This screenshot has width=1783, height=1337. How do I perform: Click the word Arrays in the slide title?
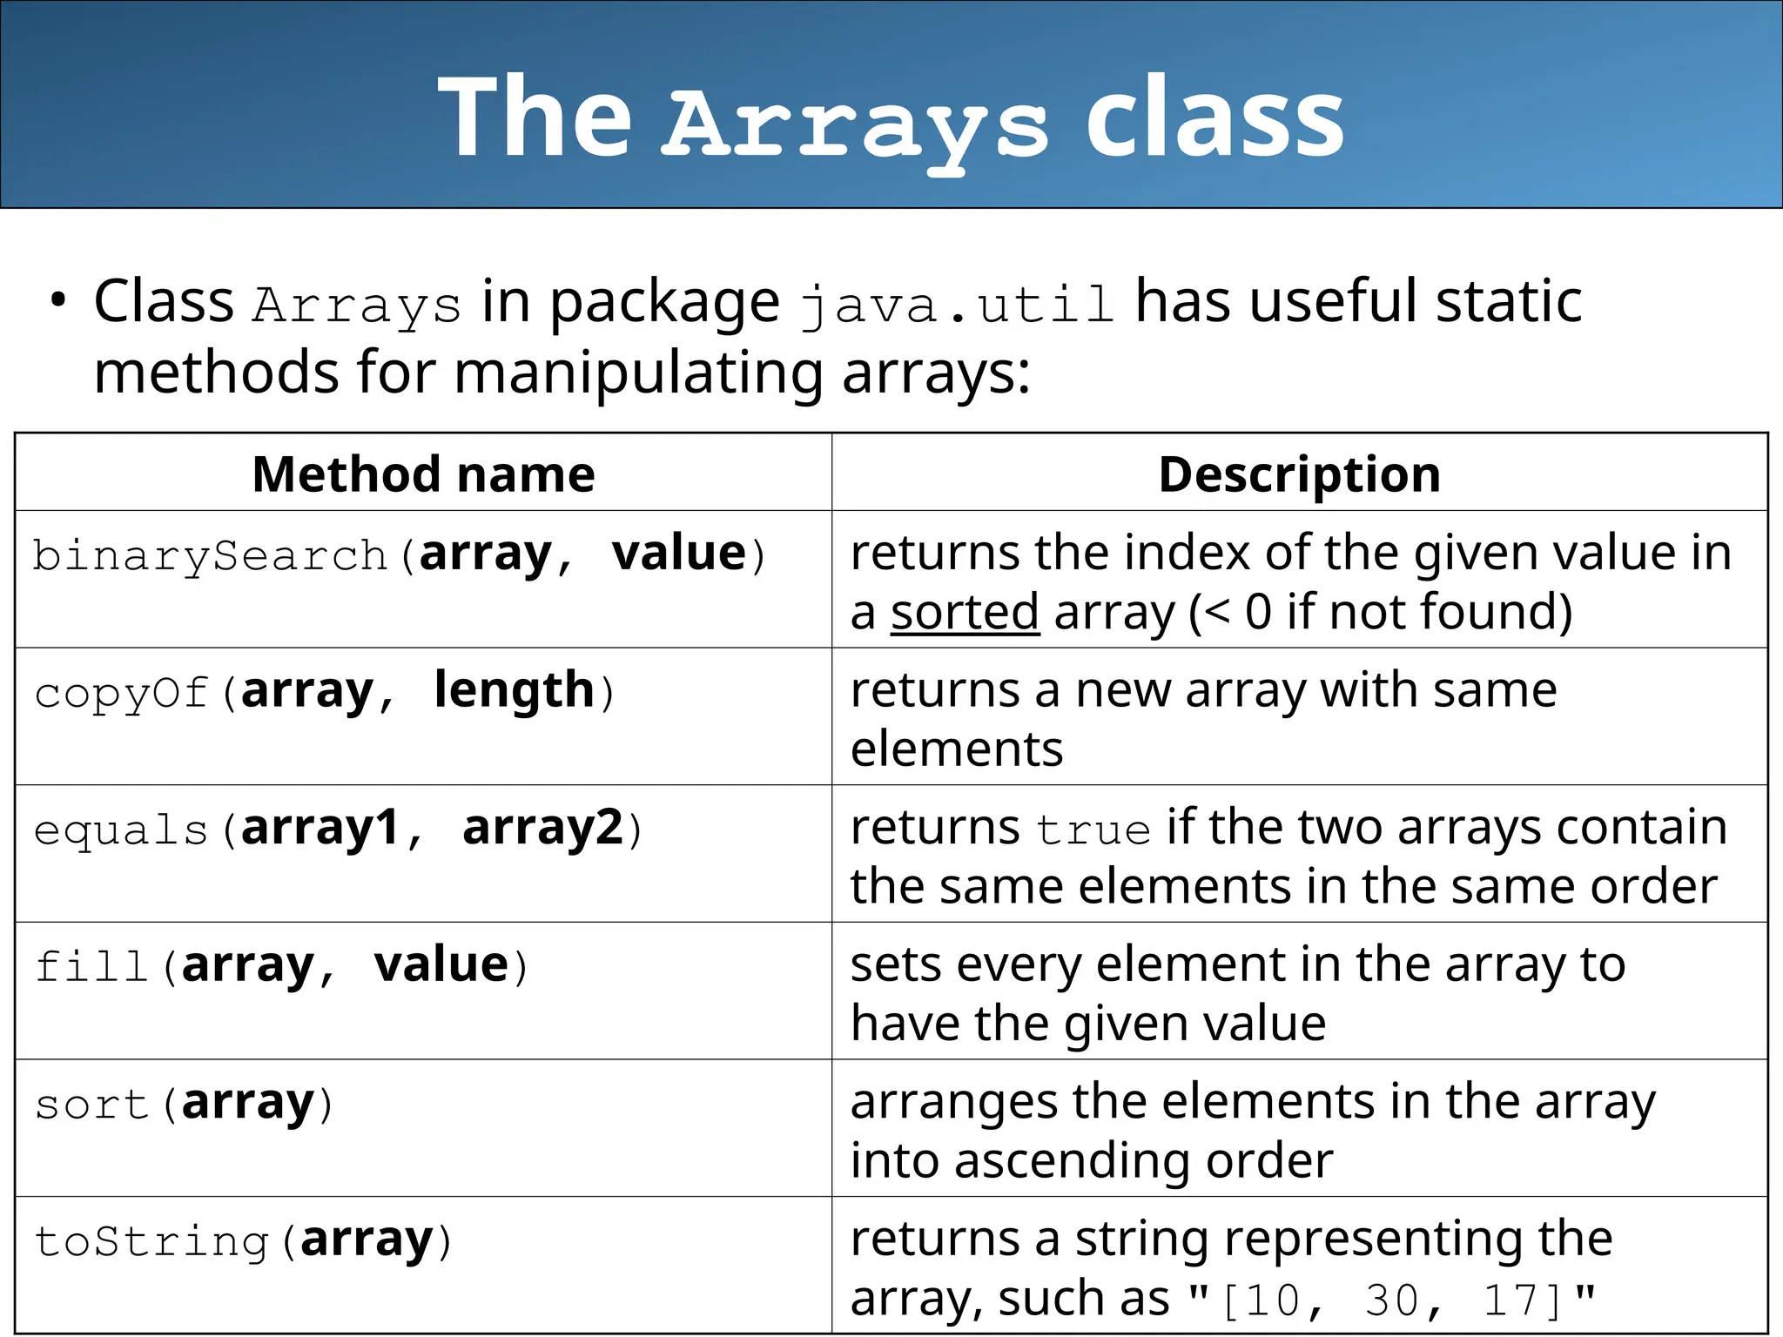(856, 122)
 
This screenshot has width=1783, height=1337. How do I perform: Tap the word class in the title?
(1214, 118)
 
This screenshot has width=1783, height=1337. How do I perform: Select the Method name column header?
(423, 474)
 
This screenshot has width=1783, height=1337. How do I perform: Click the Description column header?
(1299, 474)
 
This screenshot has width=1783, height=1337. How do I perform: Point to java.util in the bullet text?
(957, 305)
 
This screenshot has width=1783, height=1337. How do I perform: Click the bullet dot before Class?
(58, 300)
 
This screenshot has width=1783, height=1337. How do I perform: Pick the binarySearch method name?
(209, 555)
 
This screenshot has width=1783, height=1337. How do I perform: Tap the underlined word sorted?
(965, 612)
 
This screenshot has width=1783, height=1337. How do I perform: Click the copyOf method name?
(121, 693)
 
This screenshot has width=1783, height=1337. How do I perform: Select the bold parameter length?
(514, 690)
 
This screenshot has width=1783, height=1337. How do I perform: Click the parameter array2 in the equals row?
(543, 828)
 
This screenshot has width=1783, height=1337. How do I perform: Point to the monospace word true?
(1093, 829)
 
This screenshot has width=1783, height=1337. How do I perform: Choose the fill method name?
(91, 966)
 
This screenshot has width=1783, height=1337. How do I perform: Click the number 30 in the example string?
(1391, 1300)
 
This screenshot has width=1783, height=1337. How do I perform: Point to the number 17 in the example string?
(1511, 1300)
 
